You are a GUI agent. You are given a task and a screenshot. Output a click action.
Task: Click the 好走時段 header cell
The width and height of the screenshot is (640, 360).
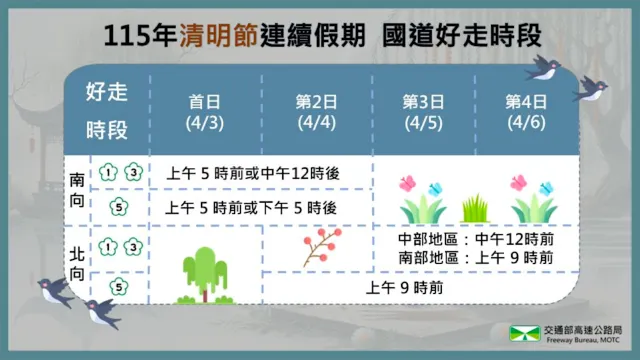pyautogui.click(x=107, y=112)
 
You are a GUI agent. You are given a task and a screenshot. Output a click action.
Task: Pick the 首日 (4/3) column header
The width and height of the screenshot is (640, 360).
pyautogui.click(x=207, y=112)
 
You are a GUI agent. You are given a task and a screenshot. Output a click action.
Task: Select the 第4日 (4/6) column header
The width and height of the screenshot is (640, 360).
pyautogui.click(x=526, y=112)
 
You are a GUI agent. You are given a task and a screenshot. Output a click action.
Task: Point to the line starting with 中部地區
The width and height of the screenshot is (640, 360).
pyautogui.click(x=475, y=241)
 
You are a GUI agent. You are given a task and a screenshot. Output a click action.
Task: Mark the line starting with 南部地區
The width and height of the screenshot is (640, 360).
pyautogui.click(x=475, y=258)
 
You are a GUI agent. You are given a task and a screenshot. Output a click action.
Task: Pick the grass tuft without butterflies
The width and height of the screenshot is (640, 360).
pyautogui.click(x=475, y=209)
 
